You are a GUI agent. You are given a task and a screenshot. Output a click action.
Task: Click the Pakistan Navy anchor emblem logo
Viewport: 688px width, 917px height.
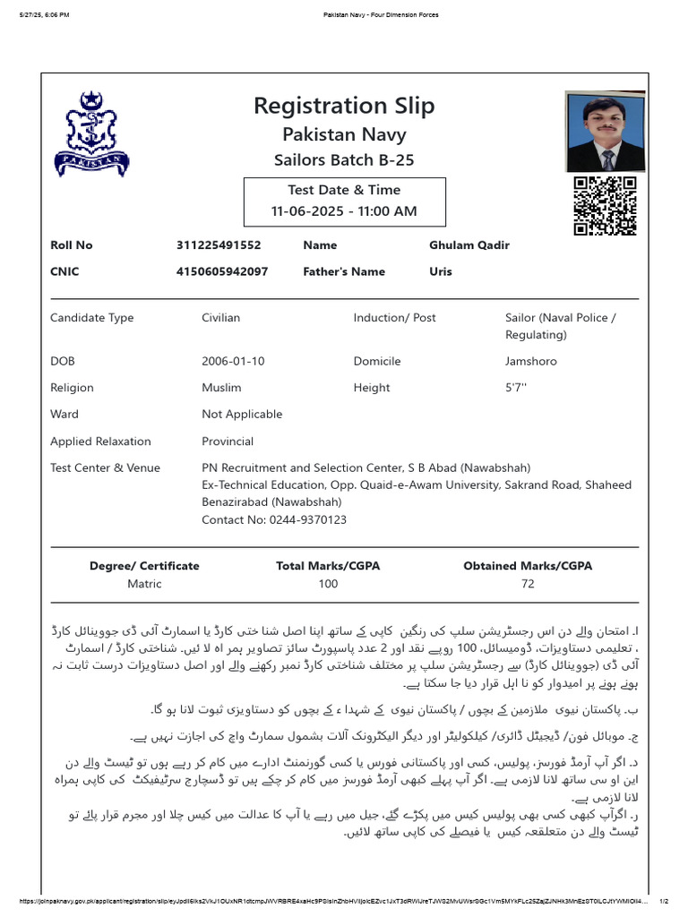point(91,133)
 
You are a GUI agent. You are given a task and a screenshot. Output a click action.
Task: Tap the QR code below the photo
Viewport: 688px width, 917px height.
point(605,206)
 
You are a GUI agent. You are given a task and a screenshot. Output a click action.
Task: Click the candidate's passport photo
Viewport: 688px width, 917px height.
point(605,132)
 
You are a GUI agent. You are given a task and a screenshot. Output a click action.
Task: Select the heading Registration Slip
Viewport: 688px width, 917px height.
point(344,106)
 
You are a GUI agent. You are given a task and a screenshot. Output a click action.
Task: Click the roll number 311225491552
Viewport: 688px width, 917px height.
point(219,245)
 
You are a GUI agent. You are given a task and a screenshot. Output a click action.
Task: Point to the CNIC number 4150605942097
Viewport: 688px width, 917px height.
point(222,272)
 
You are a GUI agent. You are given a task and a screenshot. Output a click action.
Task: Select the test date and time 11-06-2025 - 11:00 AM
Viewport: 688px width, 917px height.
point(344,212)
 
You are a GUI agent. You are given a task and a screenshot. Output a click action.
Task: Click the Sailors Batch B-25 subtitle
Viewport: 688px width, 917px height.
point(344,160)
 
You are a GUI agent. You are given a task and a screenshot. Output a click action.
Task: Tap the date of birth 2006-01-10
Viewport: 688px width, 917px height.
point(233,362)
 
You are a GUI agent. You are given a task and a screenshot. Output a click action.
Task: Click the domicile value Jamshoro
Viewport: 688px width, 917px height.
point(530,362)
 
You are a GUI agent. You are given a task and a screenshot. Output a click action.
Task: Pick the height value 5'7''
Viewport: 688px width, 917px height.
point(516,388)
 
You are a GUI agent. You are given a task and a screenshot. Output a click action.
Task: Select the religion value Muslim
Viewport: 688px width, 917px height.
point(221,388)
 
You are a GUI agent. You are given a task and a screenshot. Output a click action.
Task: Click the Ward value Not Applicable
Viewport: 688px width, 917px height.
point(242,415)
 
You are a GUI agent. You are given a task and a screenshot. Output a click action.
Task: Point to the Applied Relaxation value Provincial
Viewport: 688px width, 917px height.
point(228,441)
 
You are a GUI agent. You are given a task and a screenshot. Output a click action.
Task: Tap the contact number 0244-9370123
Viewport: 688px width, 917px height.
point(274,519)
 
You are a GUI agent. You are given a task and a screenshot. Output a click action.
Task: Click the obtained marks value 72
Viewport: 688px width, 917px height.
point(528,584)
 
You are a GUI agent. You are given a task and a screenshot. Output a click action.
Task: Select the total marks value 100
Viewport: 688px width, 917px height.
point(328,584)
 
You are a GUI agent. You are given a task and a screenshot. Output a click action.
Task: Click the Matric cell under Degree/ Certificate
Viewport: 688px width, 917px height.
point(144,584)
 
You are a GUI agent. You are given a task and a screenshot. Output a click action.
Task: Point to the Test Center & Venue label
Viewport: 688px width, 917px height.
point(105,468)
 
